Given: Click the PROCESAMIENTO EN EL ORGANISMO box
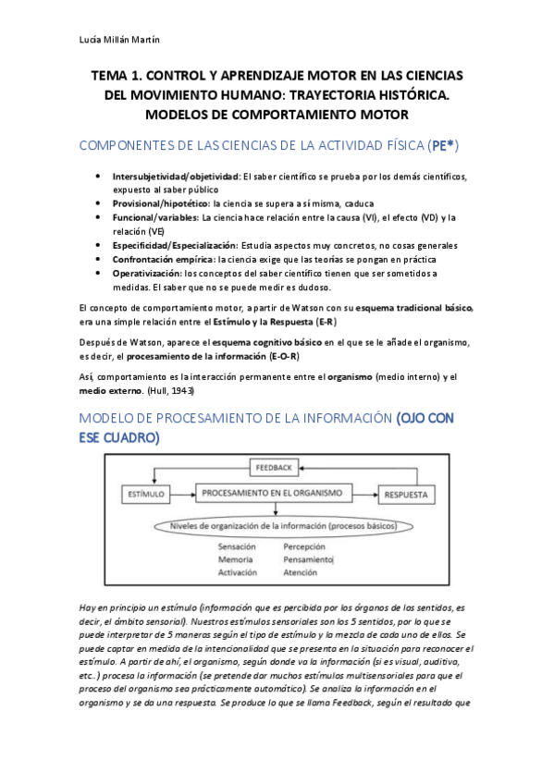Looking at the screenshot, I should (276, 494).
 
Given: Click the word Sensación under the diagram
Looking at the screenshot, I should (237, 546).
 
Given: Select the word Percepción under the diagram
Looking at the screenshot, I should (304, 546).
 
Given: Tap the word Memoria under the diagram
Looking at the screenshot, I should (235, 559).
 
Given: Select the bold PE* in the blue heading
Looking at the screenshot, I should (443, 146).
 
